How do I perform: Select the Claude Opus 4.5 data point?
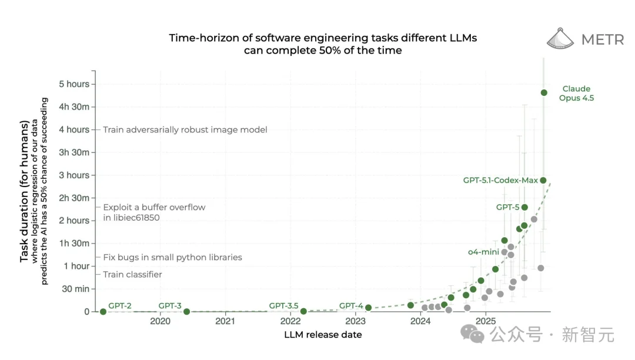[x=544, y=92]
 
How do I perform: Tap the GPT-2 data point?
[x=103, y=312]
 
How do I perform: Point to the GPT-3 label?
[x=170, y=306]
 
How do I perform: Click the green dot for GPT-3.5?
[x=303, y=311]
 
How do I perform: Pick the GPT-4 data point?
[x=368, y=308]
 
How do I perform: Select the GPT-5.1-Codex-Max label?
[x=500, y=181]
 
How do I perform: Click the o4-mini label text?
[x=483, y=252]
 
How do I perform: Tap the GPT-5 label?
[x=507, y=207]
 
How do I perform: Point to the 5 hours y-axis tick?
[x=74, y=84]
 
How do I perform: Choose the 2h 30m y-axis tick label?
[x=74, y=198]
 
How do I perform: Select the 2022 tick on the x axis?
[x=290, y=321]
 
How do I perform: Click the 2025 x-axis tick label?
[x=486, y=321]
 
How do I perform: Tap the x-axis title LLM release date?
[x=323, y=335]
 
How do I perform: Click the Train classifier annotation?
[x=132, y=275]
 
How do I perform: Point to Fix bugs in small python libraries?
[x=172, y=257]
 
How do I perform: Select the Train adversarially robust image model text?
[x=185, y=129]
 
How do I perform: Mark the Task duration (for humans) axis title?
[x=25, y=191]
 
